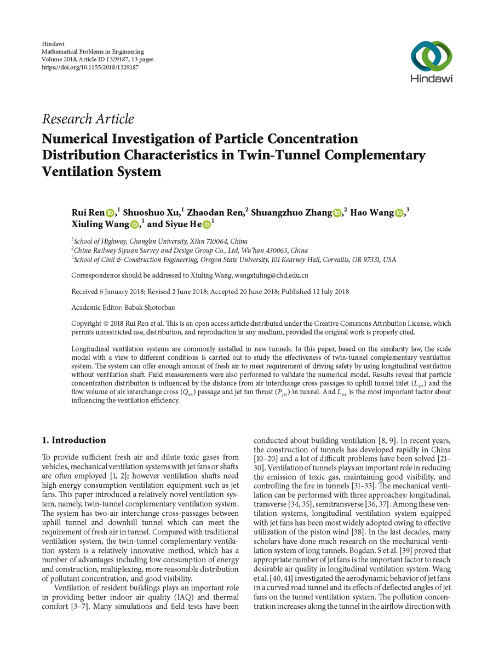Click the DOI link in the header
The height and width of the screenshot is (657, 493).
(x=90, y=66)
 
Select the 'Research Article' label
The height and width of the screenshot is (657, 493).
(x=88, y=119)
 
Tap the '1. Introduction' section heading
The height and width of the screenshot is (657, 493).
(x=74, y=440)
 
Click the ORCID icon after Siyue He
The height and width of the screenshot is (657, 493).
(x=207, y=224)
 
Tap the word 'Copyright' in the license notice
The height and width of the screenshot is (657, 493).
(x=88, y=324)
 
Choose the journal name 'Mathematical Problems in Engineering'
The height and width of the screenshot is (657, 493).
(x=93, y=51)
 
